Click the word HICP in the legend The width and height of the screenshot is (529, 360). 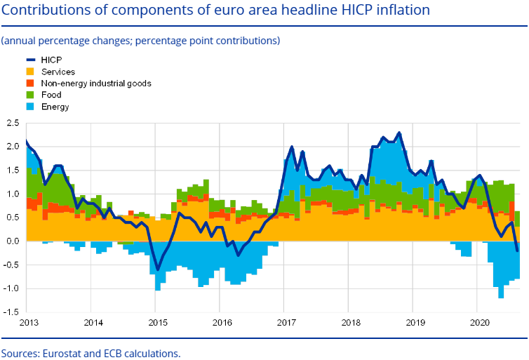click(52, 60)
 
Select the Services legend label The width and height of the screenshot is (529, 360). click(58, 72)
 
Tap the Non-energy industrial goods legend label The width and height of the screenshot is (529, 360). click(96, 83)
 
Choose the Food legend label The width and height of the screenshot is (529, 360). click(51, 95)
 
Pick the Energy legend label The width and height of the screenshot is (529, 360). click(55, 107)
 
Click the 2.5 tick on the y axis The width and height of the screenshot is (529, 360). click(12, 123)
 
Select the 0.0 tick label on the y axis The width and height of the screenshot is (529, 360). click(12, 241)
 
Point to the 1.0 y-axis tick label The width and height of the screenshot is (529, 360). click(12, 194)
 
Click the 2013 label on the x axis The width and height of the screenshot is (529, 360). click(28, 322)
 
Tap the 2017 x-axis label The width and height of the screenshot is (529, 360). click(284, 322)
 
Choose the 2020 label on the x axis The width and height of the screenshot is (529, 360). click(476, 322)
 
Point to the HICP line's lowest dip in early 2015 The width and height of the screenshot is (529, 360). click(158, 269)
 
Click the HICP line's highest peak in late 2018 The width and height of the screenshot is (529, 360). click(399, 133)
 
